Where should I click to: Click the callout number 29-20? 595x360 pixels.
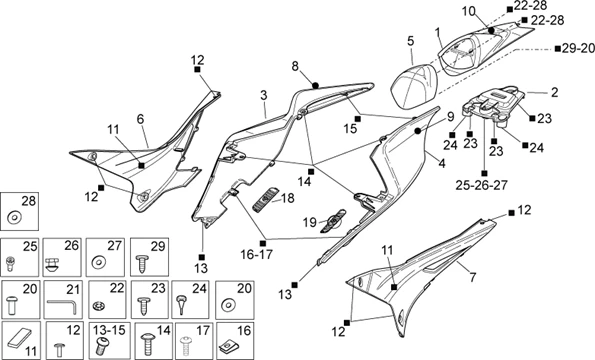coord(579,49)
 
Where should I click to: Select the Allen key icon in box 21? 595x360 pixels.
coord(62,305)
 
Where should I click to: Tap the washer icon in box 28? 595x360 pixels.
coord(15,218)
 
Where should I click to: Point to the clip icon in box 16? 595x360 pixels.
coord(230,345)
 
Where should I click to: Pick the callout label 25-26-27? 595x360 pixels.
coord(482,185)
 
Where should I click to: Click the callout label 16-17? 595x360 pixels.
coord(257,254)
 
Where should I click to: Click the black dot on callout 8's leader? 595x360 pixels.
coord(315,85)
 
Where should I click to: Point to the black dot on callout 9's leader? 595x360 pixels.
coord(418,131)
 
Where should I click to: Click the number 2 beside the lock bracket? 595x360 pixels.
coord(555,92)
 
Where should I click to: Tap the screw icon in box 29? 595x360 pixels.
coord(143,263)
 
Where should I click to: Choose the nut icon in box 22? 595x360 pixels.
coord(99,305)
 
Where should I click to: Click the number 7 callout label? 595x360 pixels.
coord(472,278)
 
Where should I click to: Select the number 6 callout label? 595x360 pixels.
coord(140,119)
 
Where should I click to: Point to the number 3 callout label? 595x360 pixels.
coord(264,95)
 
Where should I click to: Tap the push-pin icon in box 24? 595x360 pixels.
coord(182,304)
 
